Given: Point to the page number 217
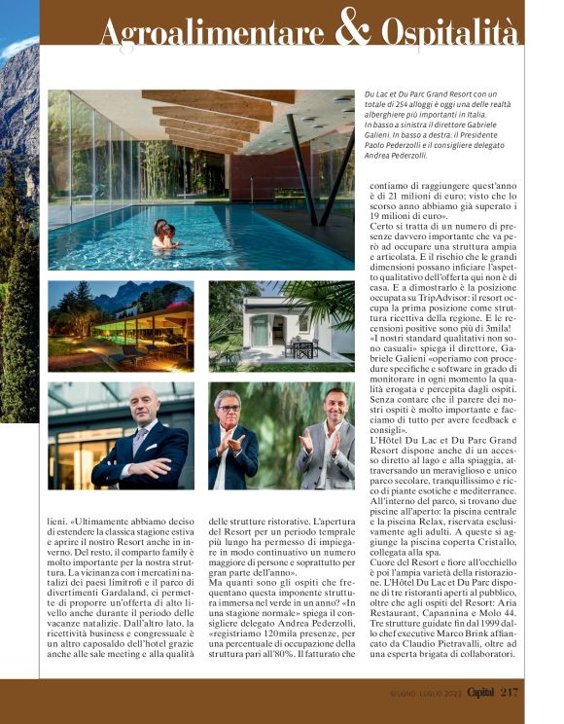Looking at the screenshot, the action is pos(510,693).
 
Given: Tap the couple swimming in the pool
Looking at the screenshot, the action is pos(165,235).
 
